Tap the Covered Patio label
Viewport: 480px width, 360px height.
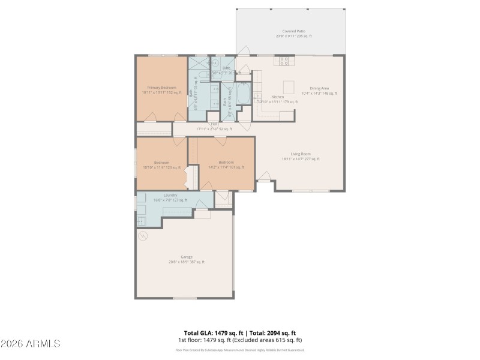pos(293,31)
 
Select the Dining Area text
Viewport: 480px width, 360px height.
pos(319,88)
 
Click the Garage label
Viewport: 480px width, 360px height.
pos(187,257)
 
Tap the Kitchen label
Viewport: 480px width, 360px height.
pos(278,97)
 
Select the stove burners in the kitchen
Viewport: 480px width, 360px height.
pos(284,61)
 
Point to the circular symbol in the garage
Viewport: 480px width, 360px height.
pos(143,237)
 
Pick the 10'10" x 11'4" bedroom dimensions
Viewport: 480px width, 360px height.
pos(161,167)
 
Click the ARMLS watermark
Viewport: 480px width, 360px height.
pos(30,344)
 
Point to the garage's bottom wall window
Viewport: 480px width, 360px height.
pos(185,298)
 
